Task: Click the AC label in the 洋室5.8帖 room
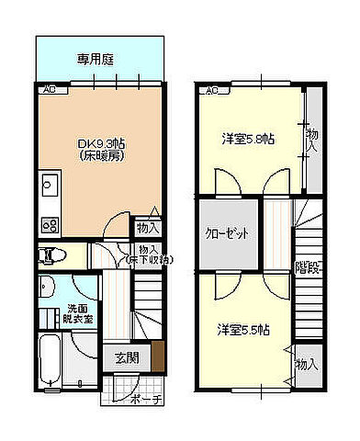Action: click(x=209, y=90)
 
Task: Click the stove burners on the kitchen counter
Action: click(x=49, y=223)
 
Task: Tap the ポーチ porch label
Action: click(x=145, y=399)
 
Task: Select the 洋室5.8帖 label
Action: click(x=245, y=139)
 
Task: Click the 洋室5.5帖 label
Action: click(x=242, y=329)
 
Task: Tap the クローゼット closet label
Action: click(x=227, y=233)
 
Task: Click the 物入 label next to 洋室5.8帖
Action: click(x=312, y=140)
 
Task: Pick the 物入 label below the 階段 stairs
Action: click(x=306, y=366)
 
